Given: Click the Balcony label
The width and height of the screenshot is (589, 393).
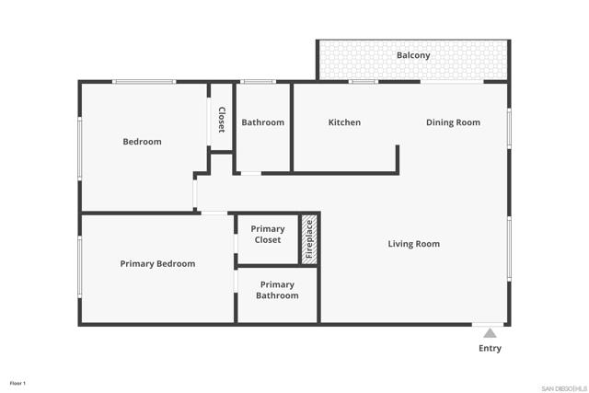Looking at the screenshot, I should click(413, 55).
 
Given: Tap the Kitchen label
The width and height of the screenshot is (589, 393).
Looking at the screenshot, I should click(344, 122).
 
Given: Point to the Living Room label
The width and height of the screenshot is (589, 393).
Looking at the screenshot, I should click(413, 244).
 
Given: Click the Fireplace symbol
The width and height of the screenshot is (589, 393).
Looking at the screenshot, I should click(310, 239).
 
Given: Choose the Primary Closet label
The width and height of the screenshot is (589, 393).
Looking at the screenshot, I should click(268, 235).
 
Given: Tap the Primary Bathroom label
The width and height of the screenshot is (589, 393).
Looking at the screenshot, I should click(277, 290).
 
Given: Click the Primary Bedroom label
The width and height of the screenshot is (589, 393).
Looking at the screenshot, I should click(157, 264).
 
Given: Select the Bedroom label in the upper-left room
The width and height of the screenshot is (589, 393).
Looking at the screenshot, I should click(142, 142).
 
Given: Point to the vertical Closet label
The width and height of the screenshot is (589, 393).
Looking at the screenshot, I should click(222, 121).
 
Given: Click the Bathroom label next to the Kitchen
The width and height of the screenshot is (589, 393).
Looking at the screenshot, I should click(262, 122).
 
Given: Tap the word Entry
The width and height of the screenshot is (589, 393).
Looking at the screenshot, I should click(491, 349).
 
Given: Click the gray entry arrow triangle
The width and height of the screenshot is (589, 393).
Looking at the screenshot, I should click(491, 333).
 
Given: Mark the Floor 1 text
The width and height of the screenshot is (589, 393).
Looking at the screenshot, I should click(18, 383).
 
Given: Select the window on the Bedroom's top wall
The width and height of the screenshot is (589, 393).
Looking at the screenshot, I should click(144, 82).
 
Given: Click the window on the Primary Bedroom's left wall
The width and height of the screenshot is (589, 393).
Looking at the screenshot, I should click(80, 267).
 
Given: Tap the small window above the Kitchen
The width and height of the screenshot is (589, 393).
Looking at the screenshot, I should click(363, 82).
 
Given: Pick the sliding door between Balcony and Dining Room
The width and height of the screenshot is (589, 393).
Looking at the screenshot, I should click(452, 82).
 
